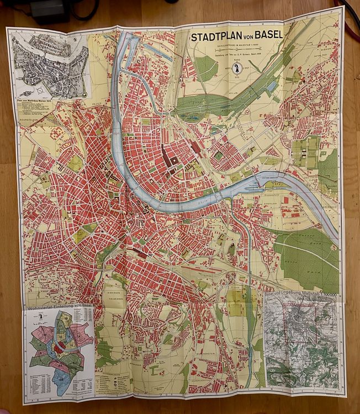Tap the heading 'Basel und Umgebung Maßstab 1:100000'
[x=301, y=293]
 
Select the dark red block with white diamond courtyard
[x=173, y=161]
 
